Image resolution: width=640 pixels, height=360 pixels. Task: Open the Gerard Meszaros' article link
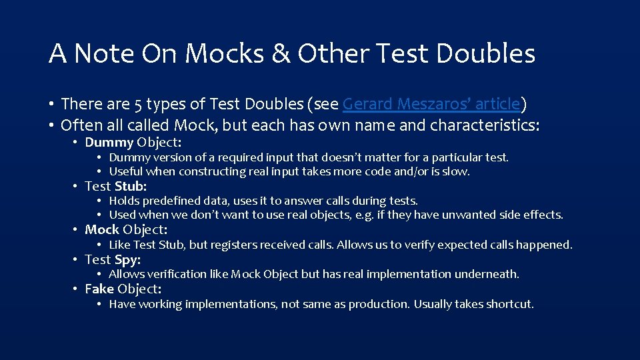[431, 104]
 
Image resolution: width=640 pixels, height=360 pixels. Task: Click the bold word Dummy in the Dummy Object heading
[109, 142]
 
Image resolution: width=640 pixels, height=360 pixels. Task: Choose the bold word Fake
[99, 289]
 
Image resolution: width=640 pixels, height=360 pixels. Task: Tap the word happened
[547, 245]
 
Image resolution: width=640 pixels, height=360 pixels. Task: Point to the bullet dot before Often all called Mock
[51, 125]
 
